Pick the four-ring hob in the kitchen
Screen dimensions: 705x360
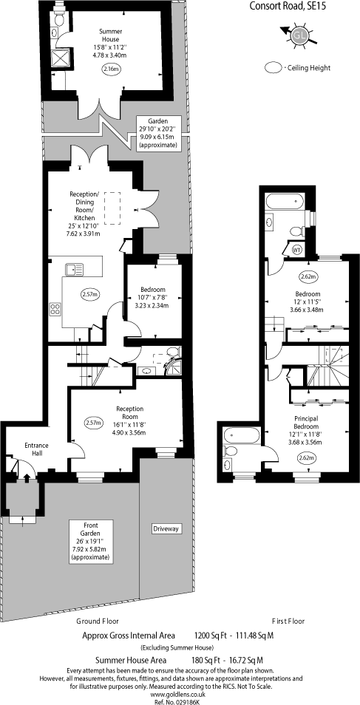point(55,309)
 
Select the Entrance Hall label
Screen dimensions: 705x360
point(36,449)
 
